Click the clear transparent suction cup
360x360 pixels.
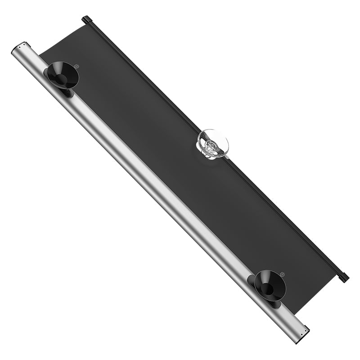tap(213, 143)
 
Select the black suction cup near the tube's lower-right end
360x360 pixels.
tap(270, 284)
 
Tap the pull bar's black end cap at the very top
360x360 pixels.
tap(86, 19)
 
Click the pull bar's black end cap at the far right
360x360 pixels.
tap(343, 277)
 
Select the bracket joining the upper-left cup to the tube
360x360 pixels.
tap(66, 92)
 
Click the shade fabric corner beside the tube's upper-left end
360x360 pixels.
tap(43, 54)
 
